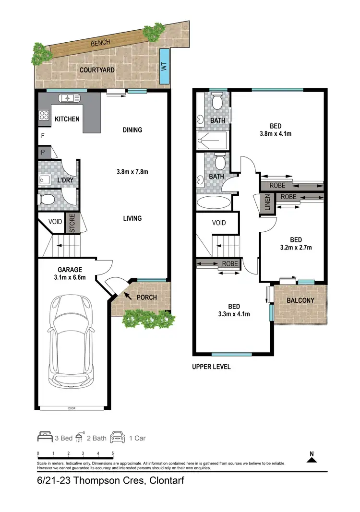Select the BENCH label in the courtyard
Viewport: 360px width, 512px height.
coord(100,43)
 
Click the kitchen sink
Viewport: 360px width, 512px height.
coord(70,98)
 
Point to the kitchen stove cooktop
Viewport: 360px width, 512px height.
coord(45,115)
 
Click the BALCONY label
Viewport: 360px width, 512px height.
coord(300,301)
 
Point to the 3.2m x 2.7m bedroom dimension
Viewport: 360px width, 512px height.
coord(295,248)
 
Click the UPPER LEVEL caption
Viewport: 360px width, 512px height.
coord(211,367)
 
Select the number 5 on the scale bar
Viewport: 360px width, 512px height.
coord(112,453)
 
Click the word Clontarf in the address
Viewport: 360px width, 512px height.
coord(167,480)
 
